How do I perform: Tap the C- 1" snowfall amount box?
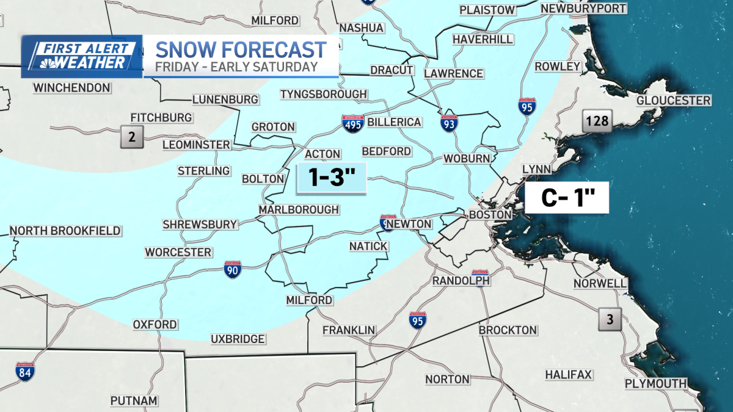point(567,198)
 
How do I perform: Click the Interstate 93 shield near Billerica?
point(447,122)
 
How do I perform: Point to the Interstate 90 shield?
point(232,269)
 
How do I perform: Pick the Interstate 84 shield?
point(25,370)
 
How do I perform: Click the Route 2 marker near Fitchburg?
point(131,136)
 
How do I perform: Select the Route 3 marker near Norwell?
point(608,318)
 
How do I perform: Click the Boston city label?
point(489,215)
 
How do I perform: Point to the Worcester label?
point(178,252)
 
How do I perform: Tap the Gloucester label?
point(674,101)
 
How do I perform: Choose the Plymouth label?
point(655,383)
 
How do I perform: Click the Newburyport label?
point(583,9)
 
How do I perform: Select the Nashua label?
point(361,28)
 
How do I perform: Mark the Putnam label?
point(134,401)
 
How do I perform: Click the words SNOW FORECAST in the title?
point(241,49)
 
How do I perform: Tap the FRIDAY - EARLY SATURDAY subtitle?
point(236,67)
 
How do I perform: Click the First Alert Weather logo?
point(82,56)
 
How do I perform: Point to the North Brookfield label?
point(65,231)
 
